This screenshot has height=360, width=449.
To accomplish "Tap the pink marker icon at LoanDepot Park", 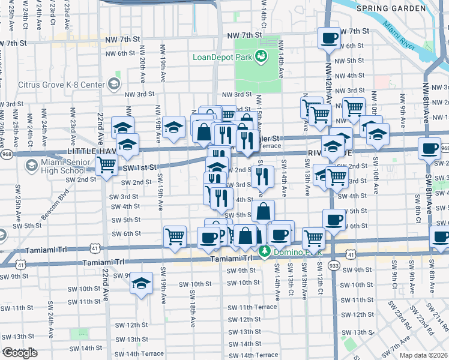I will point(261,57).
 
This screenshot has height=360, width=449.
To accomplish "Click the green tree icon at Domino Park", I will point(265,253).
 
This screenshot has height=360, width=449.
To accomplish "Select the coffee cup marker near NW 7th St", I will point(329,40).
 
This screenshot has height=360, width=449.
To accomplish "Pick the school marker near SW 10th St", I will point(142,284).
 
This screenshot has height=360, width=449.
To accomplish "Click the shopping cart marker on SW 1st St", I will point(107,164).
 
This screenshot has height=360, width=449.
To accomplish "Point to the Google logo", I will point(20,353).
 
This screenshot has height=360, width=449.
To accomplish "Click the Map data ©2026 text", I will point(423,355).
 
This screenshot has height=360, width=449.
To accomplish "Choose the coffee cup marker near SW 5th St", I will point(334,220).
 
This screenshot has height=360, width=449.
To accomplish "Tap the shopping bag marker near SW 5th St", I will point(263,212).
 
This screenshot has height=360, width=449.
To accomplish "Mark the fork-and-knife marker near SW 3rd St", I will point(262,176).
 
